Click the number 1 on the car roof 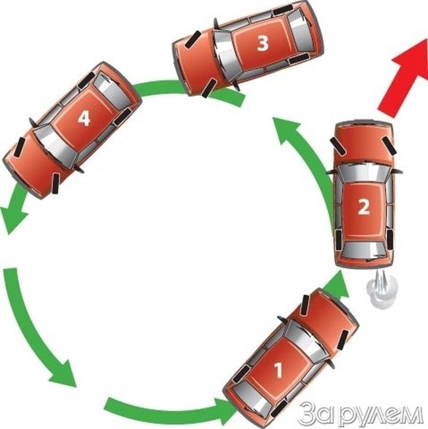[x=278, y=370]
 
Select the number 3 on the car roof [x=263, y=44]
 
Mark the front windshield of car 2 [x=363, y=174]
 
